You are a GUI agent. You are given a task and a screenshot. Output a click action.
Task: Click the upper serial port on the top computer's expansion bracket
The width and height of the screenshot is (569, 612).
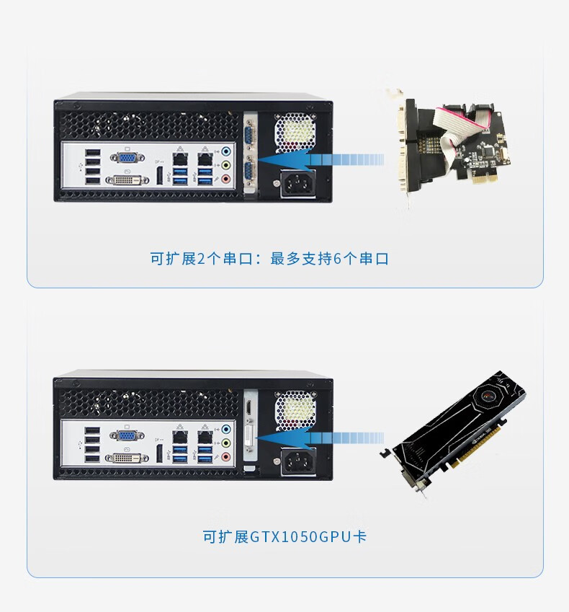[x=250, y=133]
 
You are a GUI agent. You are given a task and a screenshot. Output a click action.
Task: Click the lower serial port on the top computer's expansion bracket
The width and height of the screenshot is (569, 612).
[x=250, y=170]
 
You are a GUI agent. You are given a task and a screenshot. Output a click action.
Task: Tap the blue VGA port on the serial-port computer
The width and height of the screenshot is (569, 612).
[x=127, y=158]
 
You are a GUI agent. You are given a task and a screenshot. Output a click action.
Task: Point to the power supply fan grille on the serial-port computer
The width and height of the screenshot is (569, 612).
[x=295, y=133]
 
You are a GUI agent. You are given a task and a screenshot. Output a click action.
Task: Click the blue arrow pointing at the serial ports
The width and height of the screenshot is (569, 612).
[x=321, y=159]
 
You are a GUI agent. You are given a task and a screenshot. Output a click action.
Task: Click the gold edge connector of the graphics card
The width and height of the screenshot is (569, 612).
[x=477, y=446]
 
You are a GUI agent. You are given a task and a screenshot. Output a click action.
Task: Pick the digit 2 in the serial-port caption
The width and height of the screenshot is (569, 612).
[x=201, y=259]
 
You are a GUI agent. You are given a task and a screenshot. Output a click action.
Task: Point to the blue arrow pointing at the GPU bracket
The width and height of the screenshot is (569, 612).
[x=321, y=438]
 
